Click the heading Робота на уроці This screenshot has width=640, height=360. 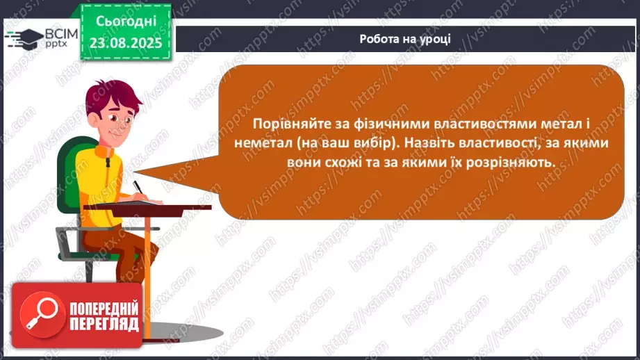click(x=405, y=39)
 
